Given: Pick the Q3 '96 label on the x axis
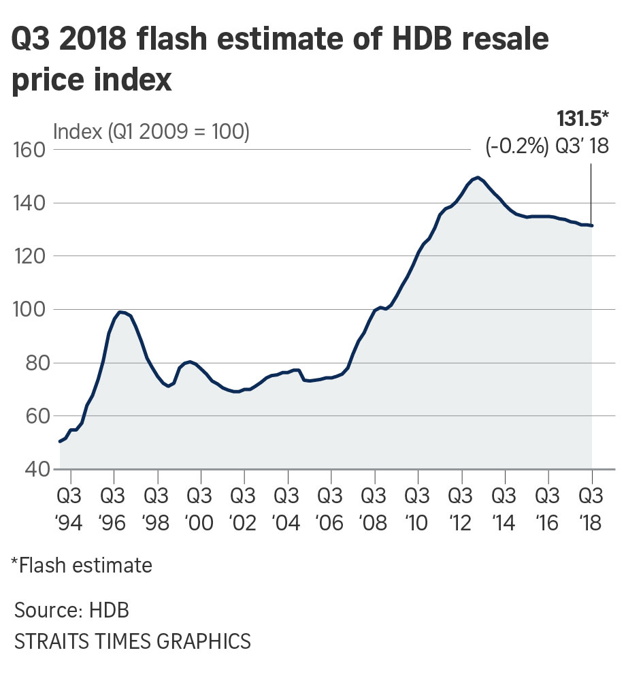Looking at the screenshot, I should tap(114, 507).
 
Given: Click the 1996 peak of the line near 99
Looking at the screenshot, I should tap(120, 312).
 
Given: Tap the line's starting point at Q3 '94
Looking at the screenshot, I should tap(61, 442).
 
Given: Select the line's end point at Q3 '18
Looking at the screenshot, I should tap(591, 225).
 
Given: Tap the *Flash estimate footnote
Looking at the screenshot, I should tap(81, 565).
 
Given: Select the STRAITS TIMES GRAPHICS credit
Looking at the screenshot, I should tap(132, 641).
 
